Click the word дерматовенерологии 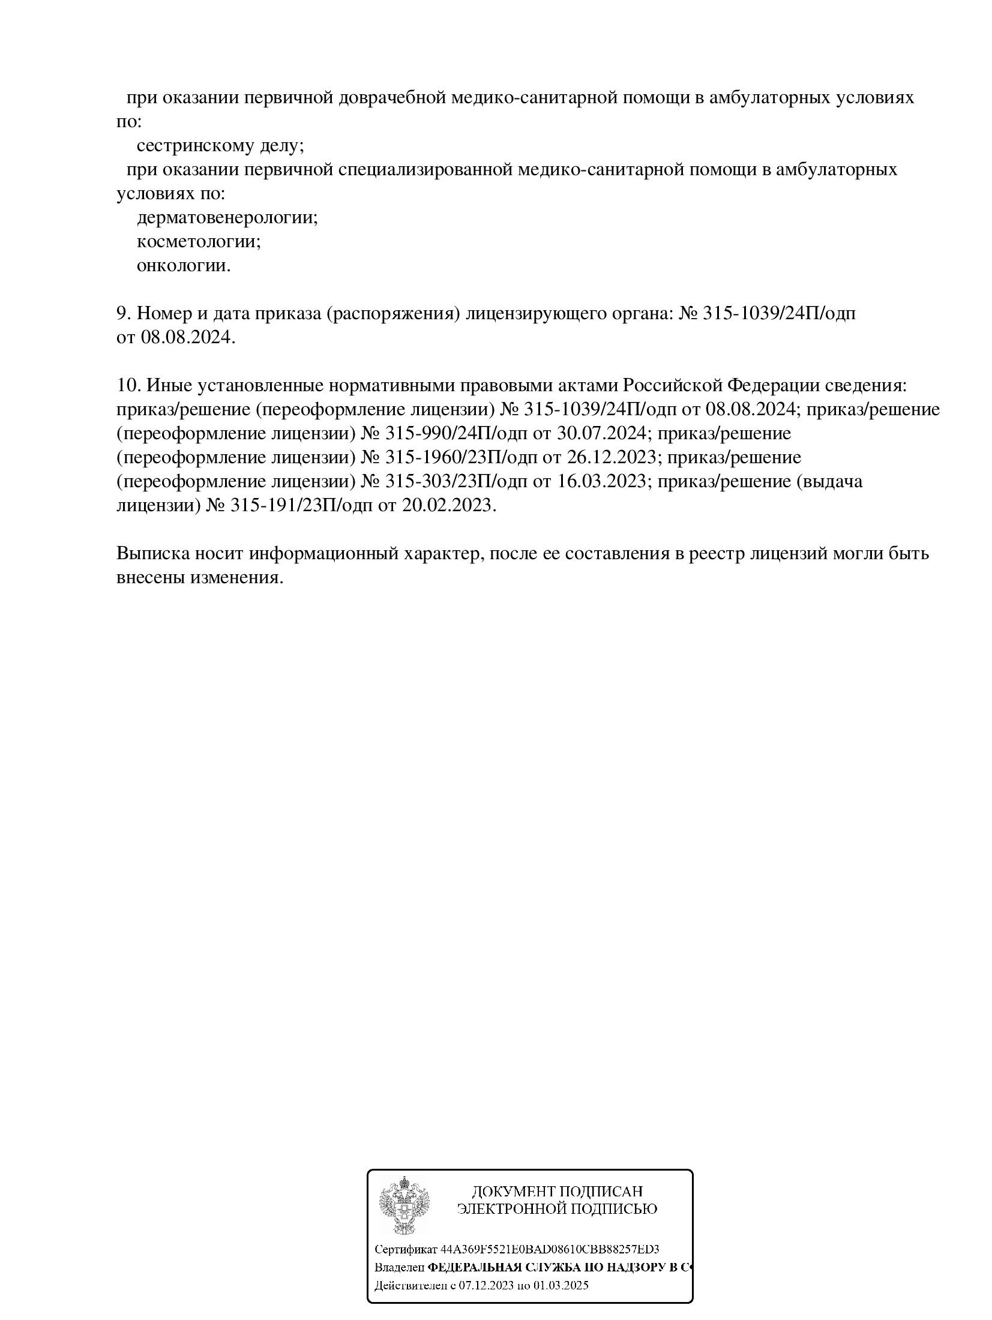click(x=227, y=217)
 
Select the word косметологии click(x=199, y=241)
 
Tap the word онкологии click(x=184, y=265)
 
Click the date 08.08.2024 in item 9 click(x=185, y=338)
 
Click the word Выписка click(x=153, y=553)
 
